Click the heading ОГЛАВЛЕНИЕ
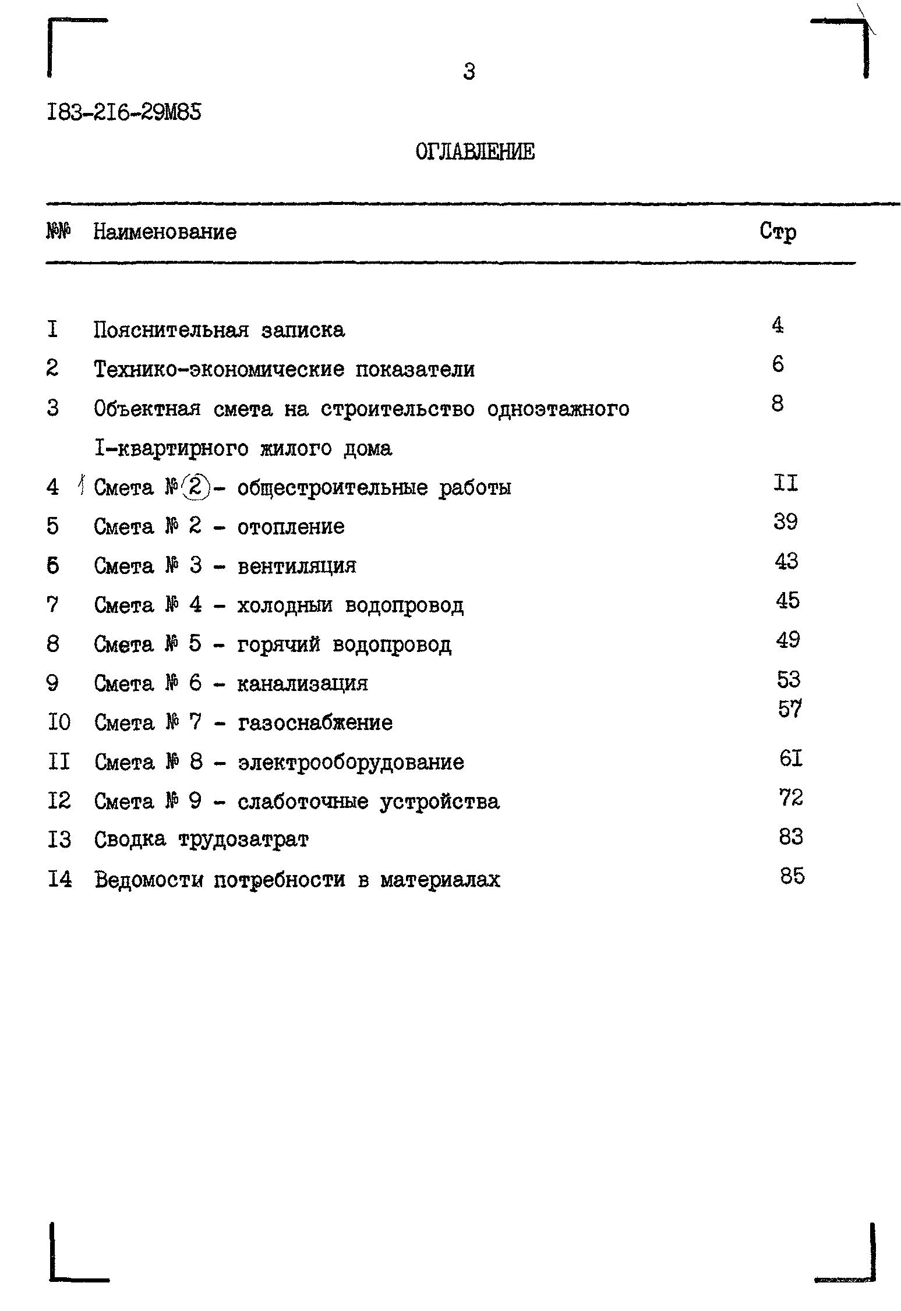475,152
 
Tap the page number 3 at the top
469,72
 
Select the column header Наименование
165,232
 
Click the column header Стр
778,232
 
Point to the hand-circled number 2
195,487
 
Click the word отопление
291,527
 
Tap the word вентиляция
297,566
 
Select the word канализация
302,683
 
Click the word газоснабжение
315,722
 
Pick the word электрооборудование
351,762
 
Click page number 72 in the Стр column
791,797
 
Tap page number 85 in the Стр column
792,876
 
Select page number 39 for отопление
786,522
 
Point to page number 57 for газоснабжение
790,709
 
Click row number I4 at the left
60,879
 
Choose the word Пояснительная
171,330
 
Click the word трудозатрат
243,839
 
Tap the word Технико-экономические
219,369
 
